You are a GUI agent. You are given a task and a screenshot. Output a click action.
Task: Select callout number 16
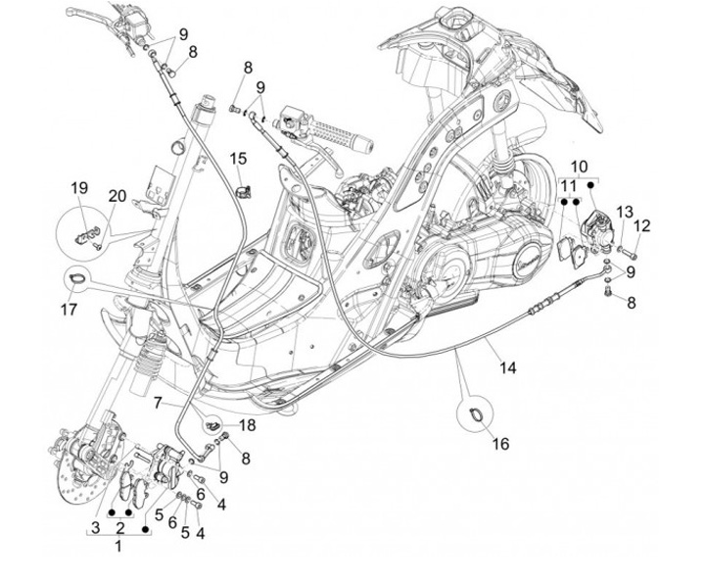pyautogui.click(x=500, y=444)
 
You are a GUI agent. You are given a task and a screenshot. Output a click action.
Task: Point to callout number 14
pyautogui.click(x=507, y=368)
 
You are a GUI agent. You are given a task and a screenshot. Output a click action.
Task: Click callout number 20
pyautogui.click(x=117, y=197)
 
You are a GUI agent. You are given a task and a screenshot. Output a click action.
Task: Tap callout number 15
pyautogui.click(x=239, y=158)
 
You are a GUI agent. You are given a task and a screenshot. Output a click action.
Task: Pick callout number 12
pyautogui.click(x=642, y=226)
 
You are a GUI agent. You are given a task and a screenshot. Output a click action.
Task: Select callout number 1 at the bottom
pyautogui.click(x=119, y=546)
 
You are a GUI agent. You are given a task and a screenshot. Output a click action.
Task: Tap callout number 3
pyautogui.click(x=95, y=529)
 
